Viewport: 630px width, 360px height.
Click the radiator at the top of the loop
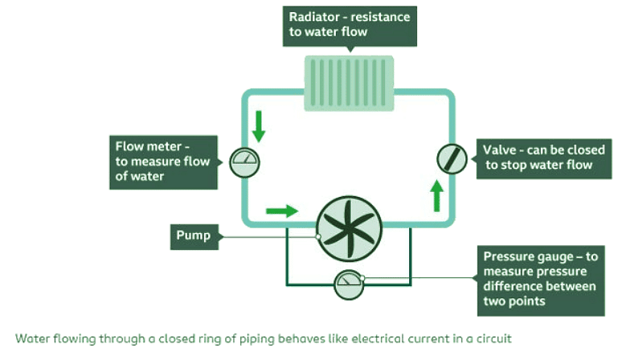pyautogui.click(x=348, y=83)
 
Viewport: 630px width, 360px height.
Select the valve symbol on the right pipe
pyautogui.click(x=452, y=157)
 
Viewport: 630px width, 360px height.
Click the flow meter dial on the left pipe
pyautogui.click(x=244, y=162)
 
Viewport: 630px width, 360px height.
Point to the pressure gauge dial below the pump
pyautogui.click(x=350, y=284)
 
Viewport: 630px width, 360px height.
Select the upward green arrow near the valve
pyautogui.click(x=436, y=196)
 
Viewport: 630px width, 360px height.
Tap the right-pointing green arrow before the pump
pyautogui.click(x=281, y=211)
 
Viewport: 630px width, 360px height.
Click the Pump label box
pyautogui.click(x=194, y=236)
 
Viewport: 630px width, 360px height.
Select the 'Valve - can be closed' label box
pyautogui.click(x=540, y=157)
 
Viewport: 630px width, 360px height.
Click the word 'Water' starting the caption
pyautogui.click(x=33, y=338)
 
